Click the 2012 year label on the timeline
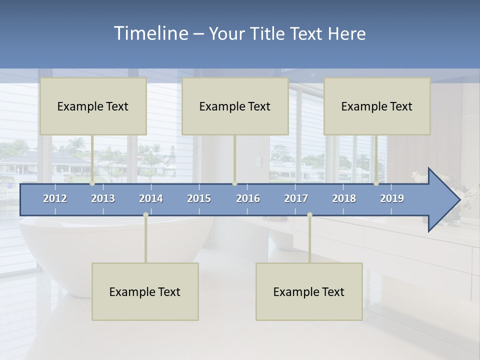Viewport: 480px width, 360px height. (x=55, y=198)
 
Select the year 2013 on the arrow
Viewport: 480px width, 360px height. (x=103, y=198)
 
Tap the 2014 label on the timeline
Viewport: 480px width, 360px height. (x=151, y=198)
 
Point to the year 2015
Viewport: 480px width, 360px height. (x=199, y=198)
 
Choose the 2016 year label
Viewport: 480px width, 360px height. (x=248, y=198)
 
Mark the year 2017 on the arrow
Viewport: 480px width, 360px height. (x=296, y=198)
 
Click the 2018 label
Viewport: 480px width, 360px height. (x=344, y=198)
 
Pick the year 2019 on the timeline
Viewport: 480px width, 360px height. (x=392, y=198)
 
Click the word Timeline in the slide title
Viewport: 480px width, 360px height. (x=150, y=33)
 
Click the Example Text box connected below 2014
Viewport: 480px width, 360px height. (x=145, y=291)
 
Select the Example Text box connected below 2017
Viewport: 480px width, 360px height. (x=309, y=291)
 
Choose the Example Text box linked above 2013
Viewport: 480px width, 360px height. (x=93, y=106)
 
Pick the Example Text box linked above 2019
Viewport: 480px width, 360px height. (x=377, y=106)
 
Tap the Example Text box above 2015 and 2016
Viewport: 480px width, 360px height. (x=235, y=106)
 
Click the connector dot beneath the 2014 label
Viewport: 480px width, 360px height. (x=145, y=214)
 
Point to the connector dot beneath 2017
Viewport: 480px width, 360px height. (x=309, y=214)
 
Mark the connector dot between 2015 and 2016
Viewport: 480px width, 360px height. (x=234, y=183)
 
